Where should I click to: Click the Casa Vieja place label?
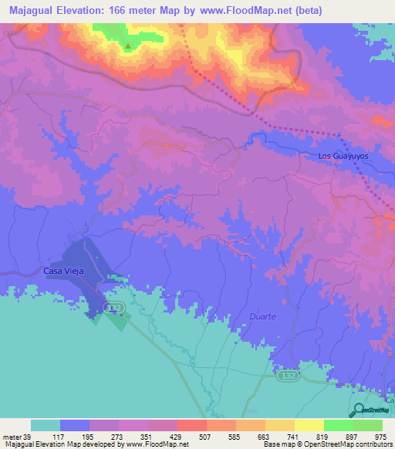pos(62,272)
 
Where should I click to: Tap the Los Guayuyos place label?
pos(345,156)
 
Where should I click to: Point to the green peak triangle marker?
pos(128,45)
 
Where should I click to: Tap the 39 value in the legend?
pos(30,437)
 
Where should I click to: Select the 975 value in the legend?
pos(381,437)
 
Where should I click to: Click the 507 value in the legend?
pos(205,437)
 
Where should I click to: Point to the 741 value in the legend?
pos(293,437)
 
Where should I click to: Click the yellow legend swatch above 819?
pos(309,425)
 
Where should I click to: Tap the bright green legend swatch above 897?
pos(338,425)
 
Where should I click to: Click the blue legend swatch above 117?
pos(75,425)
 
